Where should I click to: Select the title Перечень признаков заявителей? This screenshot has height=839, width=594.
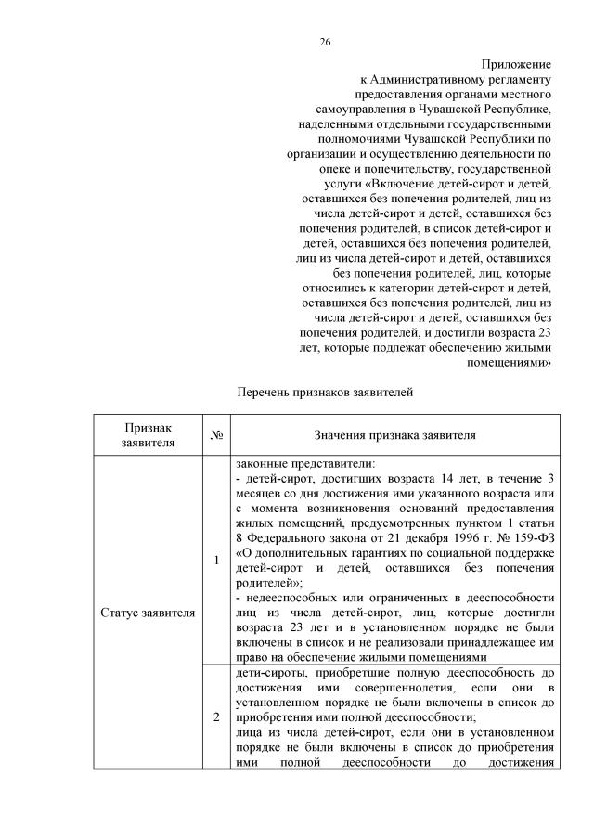(325, 392)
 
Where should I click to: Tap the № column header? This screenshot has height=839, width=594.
(215, 434)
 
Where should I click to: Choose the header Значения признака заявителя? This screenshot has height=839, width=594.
(395, 434)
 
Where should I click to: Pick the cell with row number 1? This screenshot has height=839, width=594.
(215, 561)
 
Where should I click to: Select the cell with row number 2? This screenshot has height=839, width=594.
(215, 717)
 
